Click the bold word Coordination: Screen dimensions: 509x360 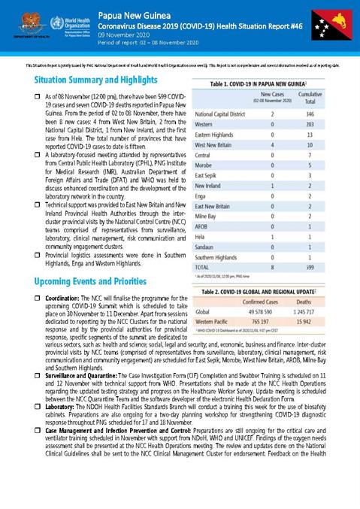pos(62,298)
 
